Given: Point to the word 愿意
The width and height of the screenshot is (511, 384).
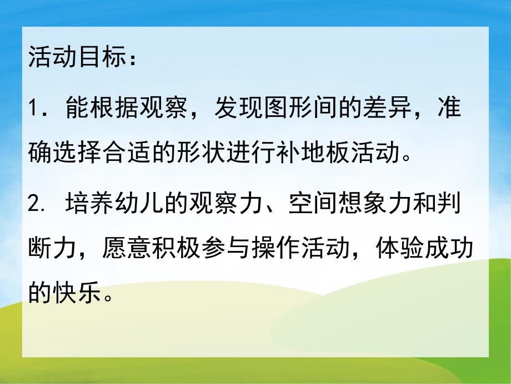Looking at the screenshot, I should pos(121,249).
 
